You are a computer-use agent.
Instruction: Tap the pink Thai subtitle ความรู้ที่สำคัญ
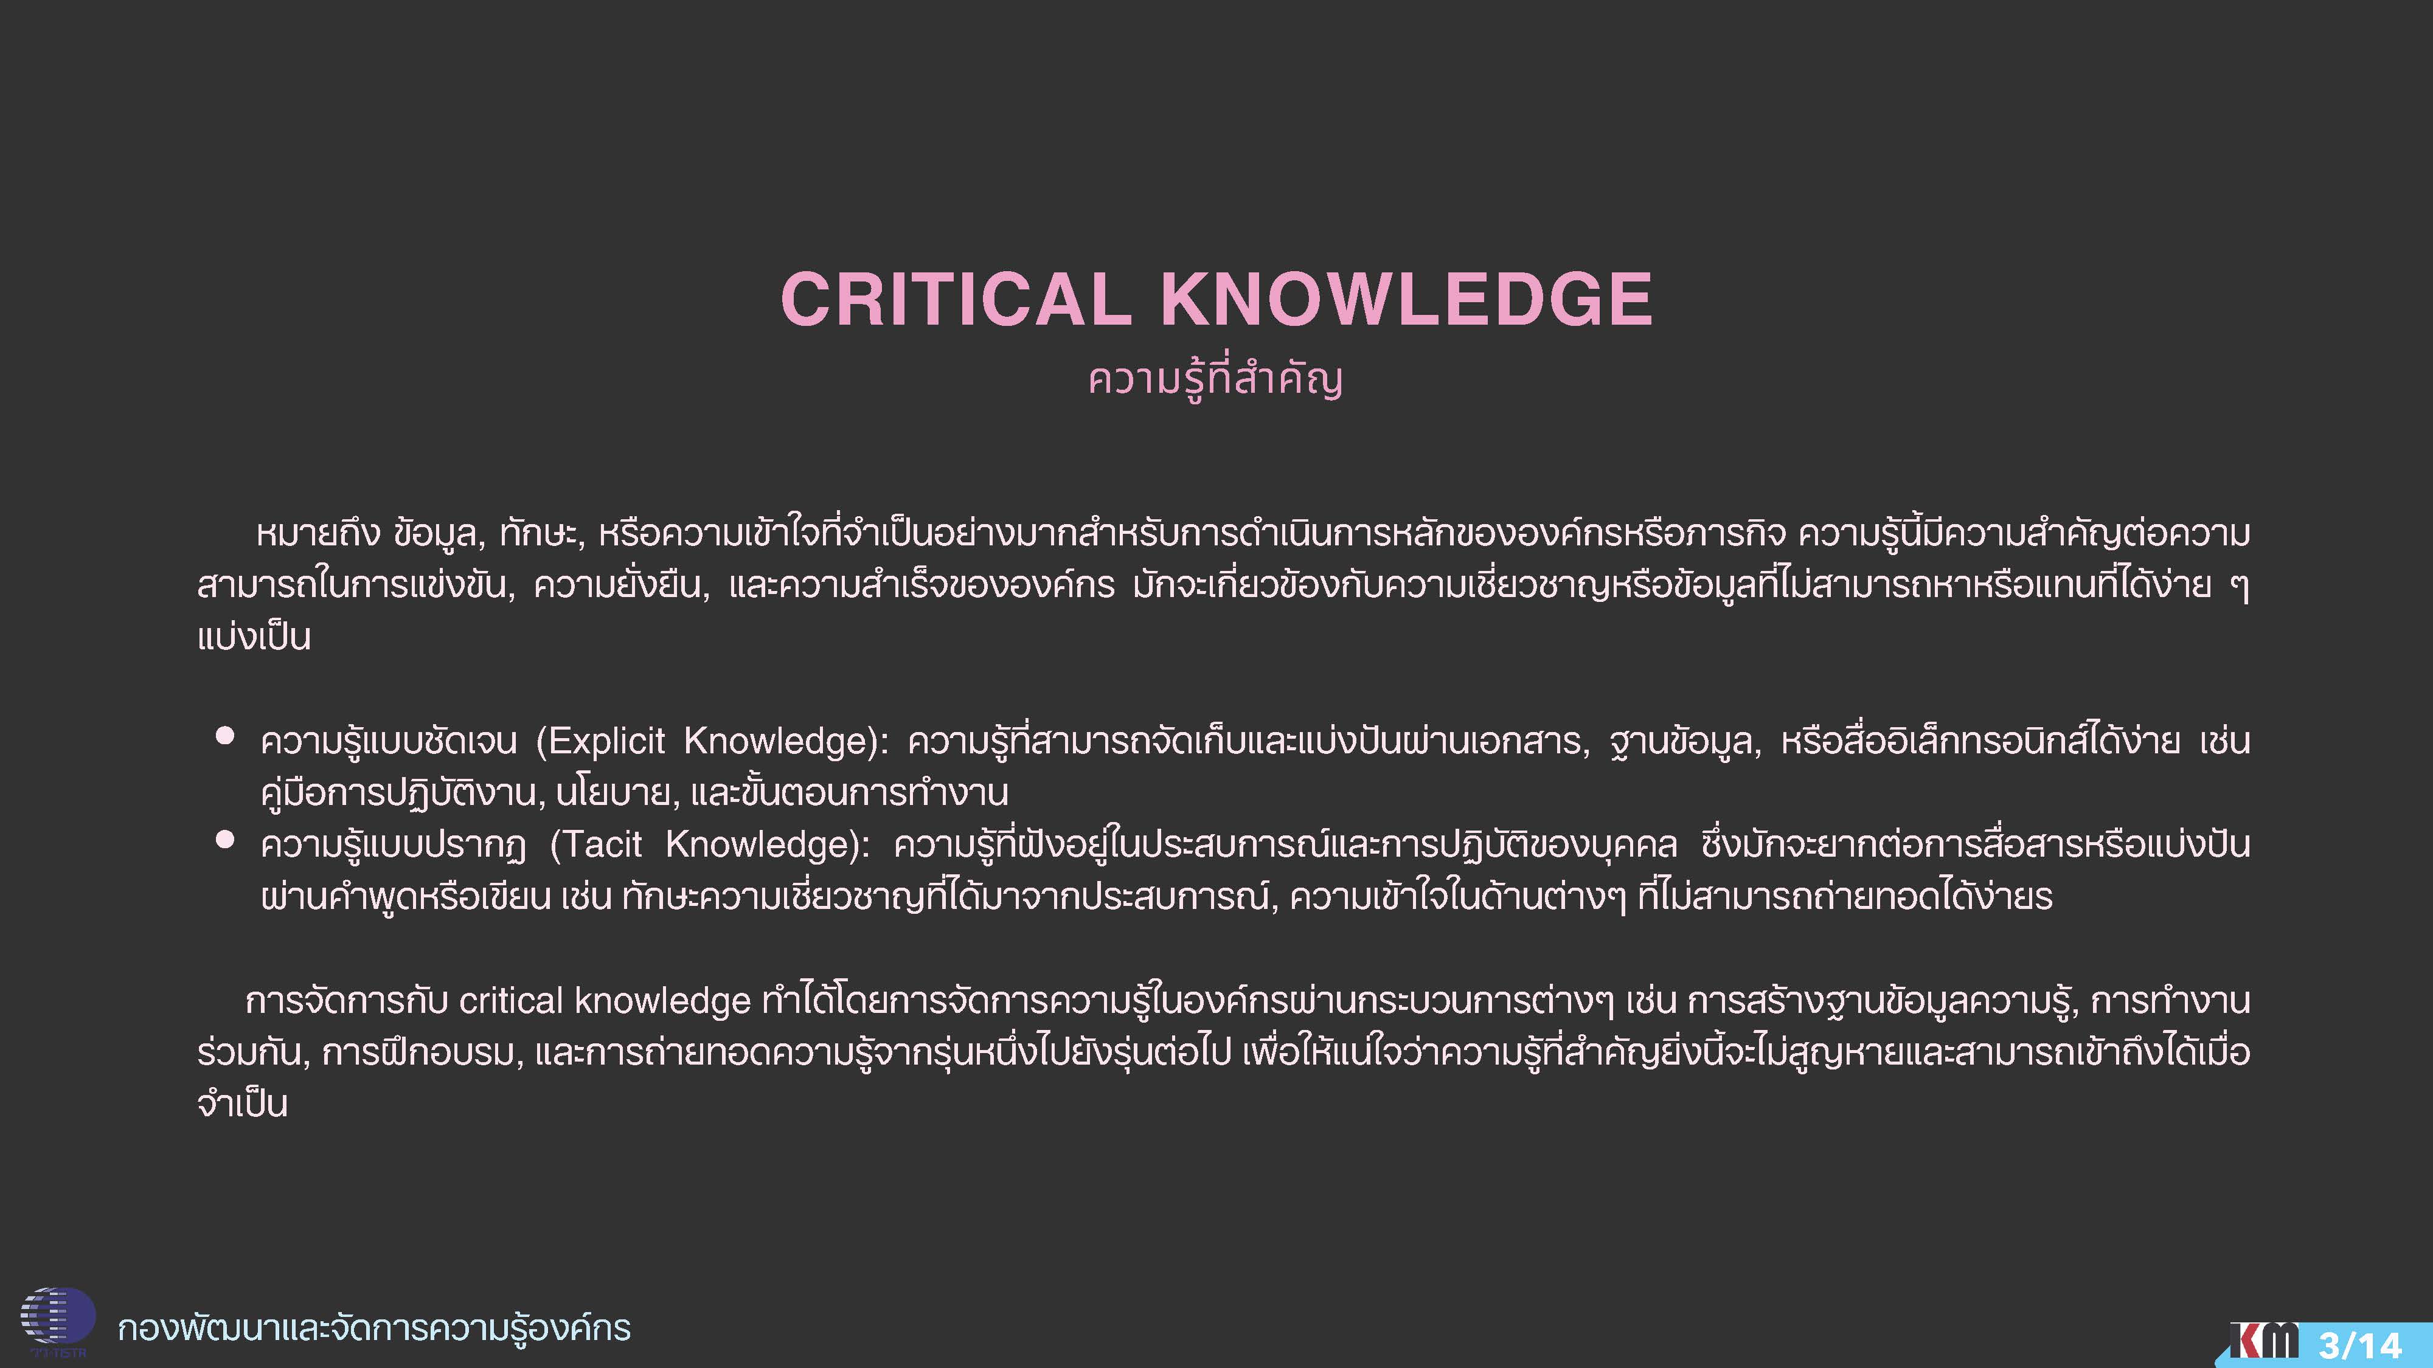(x=1215, y=379)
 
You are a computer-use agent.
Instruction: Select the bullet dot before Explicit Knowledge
(x=225, y=736)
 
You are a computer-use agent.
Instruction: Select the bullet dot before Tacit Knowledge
(x=225, y=839)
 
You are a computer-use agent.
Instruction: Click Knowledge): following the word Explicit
(x=786, y=742)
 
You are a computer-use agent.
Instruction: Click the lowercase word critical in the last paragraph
(x=511, y=1001)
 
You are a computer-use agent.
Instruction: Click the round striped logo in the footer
(x=58, y=1317)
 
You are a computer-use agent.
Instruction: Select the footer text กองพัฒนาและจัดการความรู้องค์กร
(x=374, y=1327)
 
